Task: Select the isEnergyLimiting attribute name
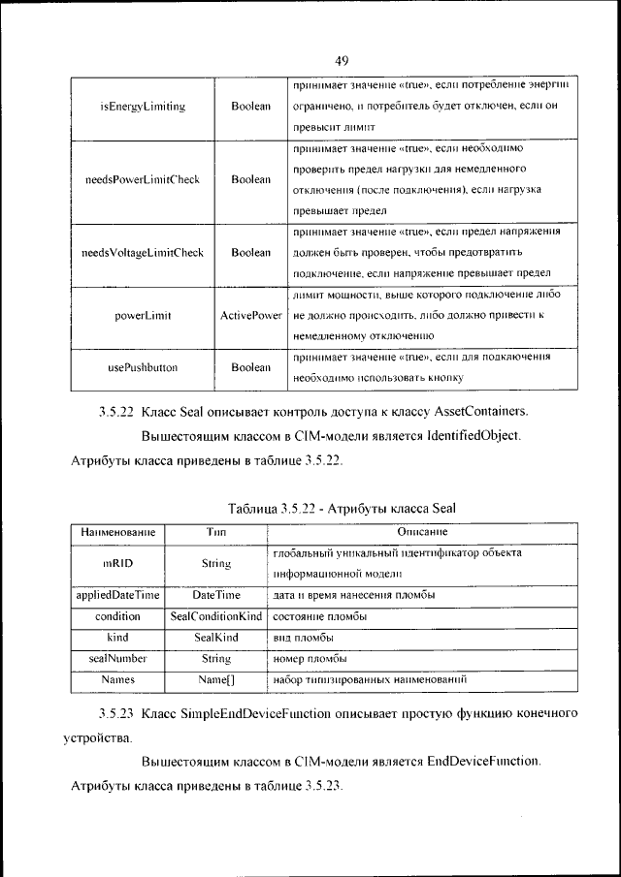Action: [x=143, y=106]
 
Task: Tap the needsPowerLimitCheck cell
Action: [x=143, y=179]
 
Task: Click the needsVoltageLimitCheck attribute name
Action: [x=143, y=253]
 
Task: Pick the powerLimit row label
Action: [x=143, y=316]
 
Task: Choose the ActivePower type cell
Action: [x=250, y=316]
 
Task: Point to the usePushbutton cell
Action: [x=143, y=367]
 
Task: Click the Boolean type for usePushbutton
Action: [x=250, y=367]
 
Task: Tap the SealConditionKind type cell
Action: [x=216, y=615]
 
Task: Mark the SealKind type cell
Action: [x=216, y=637]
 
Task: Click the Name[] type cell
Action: [x=216, y=680]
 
